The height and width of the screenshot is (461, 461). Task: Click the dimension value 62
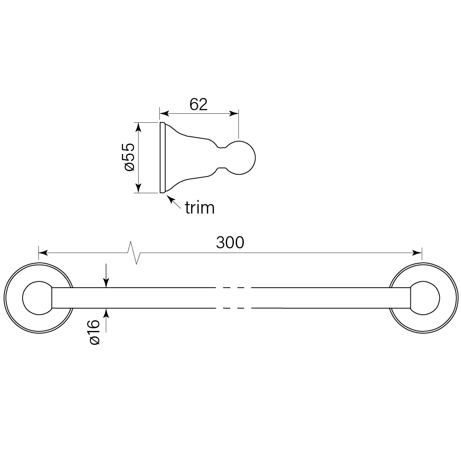[199, 104]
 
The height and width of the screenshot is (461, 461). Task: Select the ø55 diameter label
[130, 157]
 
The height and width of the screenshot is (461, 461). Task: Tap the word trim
[200, 208]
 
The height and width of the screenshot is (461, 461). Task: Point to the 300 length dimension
[230, 242]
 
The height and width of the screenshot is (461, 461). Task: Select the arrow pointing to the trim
[174, 202]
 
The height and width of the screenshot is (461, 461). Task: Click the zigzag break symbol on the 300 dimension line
[134, 252]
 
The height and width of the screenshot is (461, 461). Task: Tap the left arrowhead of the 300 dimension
[43, 252]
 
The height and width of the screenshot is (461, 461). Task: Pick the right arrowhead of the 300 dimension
[417, 252]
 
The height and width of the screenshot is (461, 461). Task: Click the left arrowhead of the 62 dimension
[164, 113]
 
